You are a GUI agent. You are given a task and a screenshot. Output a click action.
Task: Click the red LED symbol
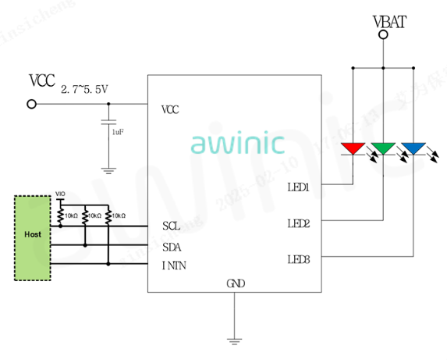coord(353,148)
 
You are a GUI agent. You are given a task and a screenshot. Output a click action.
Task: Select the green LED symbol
coord(383,148)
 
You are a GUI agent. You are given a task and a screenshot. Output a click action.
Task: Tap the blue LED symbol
coord(412,148)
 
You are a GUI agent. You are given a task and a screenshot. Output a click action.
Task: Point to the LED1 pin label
coord(299,187)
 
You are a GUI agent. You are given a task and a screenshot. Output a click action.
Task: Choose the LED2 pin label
coord(299,223)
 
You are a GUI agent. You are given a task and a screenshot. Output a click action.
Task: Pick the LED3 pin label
coord(299,258)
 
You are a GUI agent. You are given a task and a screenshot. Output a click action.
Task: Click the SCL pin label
coord(172,226)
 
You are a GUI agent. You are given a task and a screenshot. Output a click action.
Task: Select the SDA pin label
coord(172,246)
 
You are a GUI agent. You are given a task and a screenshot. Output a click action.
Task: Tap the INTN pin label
coord(174,266)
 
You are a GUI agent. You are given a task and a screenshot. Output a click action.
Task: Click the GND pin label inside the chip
coord(235,283)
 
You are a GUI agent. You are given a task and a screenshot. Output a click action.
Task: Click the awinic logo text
coord(237,142)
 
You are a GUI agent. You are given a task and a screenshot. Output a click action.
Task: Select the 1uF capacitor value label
coord(118,133)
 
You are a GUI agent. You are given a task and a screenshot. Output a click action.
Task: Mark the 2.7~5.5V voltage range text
coord(84,90)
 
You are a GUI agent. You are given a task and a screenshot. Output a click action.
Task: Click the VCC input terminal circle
coord(32,104)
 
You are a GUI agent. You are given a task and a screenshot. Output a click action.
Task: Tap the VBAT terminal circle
coord(383,38)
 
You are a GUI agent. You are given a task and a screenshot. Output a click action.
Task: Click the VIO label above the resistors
coord(60,194)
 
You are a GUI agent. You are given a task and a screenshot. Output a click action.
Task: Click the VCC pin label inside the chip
coord(171,109)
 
